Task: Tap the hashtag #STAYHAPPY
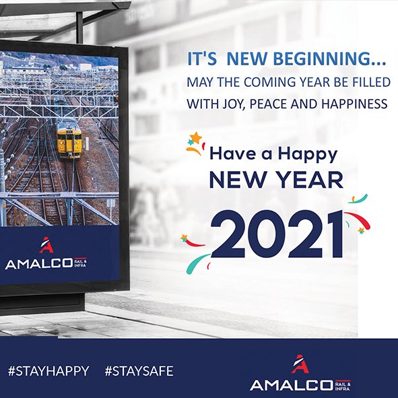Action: (48, 371)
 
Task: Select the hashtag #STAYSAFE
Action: (139, 371)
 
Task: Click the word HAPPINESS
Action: (354, 104)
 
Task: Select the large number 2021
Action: (277, 234)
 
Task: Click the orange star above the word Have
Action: (196, 137)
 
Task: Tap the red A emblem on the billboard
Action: (46, 245)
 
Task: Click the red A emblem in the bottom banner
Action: (300, 364)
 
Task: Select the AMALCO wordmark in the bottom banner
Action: (291, 385)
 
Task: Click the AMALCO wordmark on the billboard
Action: (38, 263)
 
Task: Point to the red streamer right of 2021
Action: (358, 219)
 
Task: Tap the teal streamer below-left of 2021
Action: (197, 263)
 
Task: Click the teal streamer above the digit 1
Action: (358, 199)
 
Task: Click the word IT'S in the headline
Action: (202, 59)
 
